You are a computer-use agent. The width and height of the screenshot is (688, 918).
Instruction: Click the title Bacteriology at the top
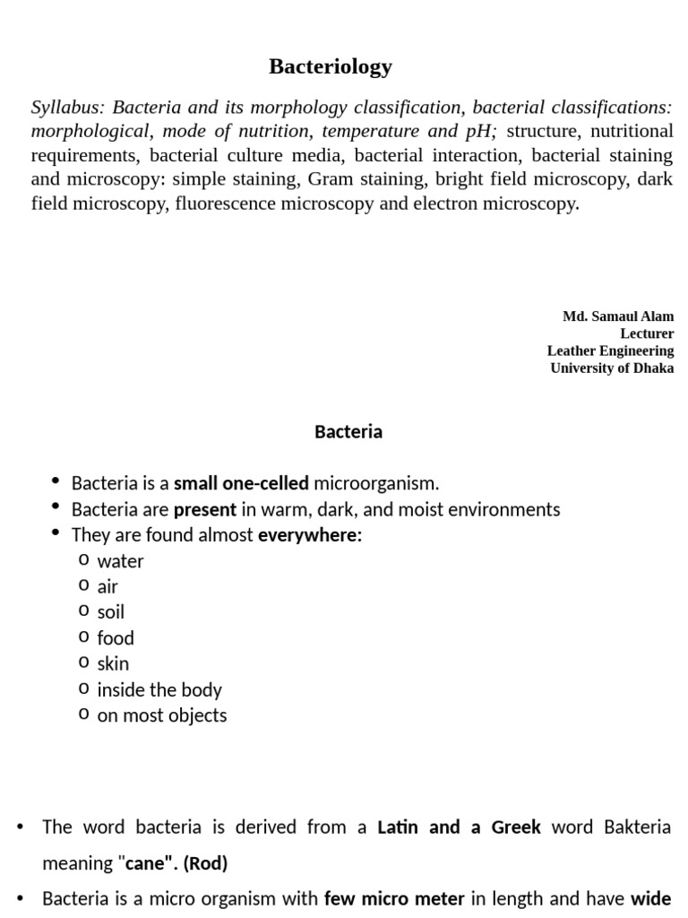tap(331, 66)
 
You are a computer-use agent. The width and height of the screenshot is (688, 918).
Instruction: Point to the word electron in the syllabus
tap(445, 204)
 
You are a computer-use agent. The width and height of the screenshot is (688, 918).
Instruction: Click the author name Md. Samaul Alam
tap(618, 316)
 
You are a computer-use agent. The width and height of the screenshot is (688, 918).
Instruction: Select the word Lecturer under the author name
tap(647, 333)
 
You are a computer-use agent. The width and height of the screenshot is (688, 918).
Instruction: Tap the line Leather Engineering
tap(610, 351)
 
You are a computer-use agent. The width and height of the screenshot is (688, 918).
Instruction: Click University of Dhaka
tap(612, 368)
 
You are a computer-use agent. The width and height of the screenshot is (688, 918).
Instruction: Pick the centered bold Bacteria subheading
tap(348, 432)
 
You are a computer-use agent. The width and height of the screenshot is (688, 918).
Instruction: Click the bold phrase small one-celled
tap(241, 484)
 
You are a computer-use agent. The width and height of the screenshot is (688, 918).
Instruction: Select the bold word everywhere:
tap(310, 536)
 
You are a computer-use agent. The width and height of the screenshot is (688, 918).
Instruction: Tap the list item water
tap(120, 562)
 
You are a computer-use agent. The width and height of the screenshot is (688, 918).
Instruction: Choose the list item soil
tap(111, 613)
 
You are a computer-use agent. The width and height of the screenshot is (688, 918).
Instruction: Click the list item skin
tap(113, 664)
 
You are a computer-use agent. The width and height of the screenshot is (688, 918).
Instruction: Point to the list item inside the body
tap(159, 690)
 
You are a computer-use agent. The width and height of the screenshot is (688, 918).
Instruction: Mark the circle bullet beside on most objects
tap(83, 714)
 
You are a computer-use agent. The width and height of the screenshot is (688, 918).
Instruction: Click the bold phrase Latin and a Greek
tap(459, 827)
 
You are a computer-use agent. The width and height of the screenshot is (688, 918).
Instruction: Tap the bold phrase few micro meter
tap(393, 898)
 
